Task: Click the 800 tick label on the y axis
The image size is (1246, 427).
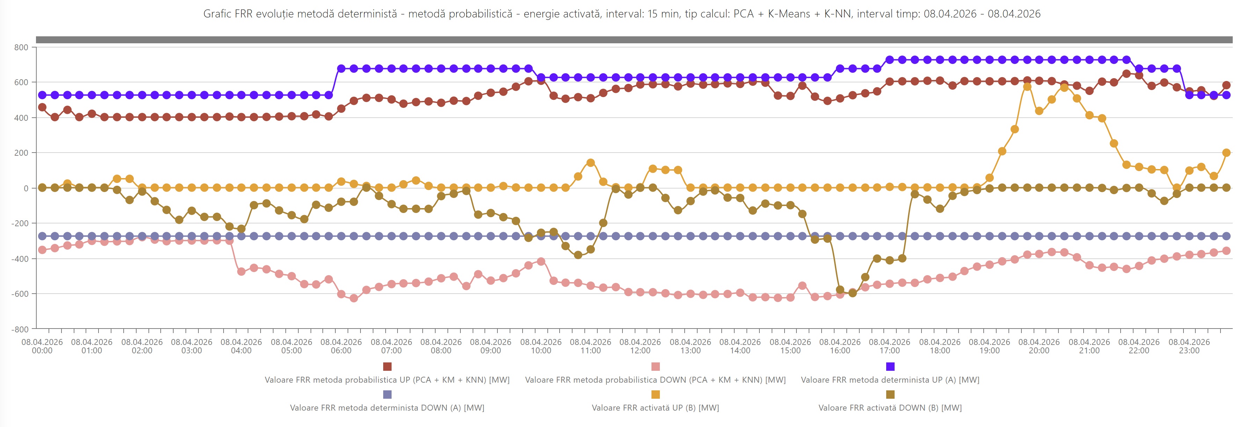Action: (21, 47)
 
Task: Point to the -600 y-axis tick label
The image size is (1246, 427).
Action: (20, 294)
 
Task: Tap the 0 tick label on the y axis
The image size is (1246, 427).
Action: (26, 188)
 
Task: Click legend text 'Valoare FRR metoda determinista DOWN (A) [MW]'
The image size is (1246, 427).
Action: (387, 408)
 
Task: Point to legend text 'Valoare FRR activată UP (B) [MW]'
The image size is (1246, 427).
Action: (655, 408)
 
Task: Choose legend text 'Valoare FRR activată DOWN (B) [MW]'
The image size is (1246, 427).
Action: (890, 408)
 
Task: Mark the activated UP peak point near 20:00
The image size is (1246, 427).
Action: (1027, 87)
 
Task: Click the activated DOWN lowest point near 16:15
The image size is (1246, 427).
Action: (852, 293)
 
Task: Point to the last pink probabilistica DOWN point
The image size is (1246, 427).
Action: (1226, 250)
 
